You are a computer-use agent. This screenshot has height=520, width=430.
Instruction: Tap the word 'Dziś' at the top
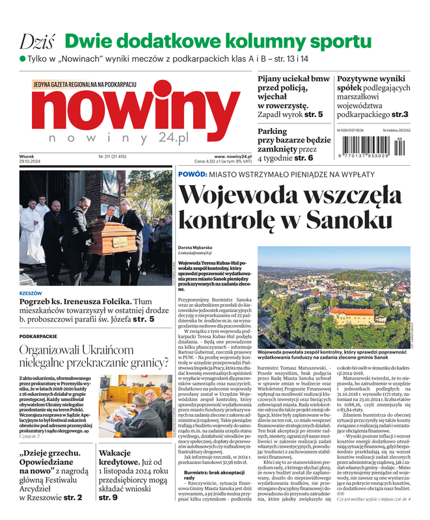pos(36,41)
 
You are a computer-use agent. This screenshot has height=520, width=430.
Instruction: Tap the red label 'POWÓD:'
pos(192,174)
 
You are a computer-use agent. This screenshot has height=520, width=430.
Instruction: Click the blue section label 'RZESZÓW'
pos(33,293)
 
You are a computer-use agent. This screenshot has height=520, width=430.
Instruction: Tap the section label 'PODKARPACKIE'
pos(38,337)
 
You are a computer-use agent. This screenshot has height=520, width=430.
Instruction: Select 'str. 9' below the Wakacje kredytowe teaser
pos(108,497)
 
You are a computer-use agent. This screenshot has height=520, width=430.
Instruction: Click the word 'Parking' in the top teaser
pos(273,131)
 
